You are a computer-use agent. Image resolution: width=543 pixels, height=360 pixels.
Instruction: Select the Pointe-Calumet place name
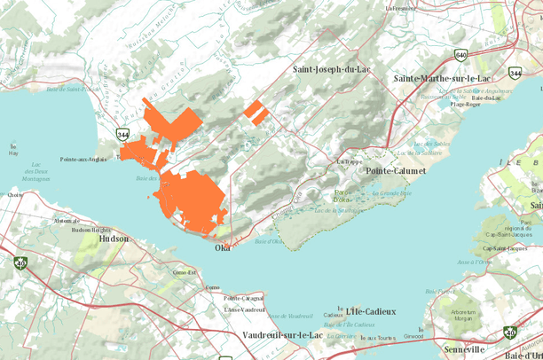click(x=389, y=170)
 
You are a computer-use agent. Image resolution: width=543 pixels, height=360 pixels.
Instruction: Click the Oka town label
click(x=223, y=248)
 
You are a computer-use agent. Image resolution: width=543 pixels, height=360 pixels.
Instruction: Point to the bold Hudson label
click(x=114, y=239)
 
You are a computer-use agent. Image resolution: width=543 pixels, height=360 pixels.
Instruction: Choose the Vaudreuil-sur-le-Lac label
click(x=282, y=335)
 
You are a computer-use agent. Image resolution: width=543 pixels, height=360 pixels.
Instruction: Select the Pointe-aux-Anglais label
click(x=83, y=160)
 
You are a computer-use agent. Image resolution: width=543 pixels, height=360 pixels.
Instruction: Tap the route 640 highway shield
click(x=460, y=54)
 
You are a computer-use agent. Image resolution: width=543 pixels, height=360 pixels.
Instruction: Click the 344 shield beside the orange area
click(x=122, y=135)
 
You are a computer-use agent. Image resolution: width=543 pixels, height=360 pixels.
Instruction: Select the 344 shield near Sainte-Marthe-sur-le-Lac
click(x=515, y=74)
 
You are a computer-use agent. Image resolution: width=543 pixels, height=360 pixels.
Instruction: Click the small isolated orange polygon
click(x=256, y=111)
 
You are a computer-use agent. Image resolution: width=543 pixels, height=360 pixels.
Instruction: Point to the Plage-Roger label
click(x=466, y=104)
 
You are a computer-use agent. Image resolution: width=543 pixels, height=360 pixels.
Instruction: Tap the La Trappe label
click(x=346, y=161)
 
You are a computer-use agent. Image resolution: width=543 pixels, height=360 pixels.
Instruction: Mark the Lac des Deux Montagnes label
click(x=35, y=172)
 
